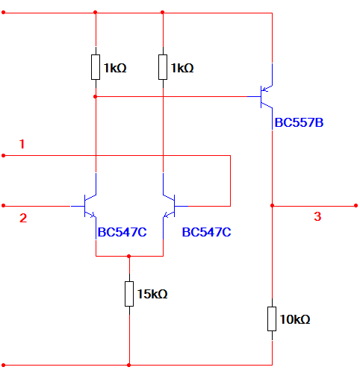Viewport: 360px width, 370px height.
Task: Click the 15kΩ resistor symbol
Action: (129, 294)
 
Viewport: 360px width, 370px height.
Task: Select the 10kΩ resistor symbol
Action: (272, 319)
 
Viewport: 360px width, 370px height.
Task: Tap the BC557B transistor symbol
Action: (264, 96)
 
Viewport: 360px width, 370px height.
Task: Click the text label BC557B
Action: (299, 122)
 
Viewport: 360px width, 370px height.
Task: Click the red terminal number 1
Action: (22, 144)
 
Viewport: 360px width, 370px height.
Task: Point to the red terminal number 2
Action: (23, 218)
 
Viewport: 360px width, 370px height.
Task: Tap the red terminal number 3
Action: (317, 216)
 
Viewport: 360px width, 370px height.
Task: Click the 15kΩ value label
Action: (152, 294)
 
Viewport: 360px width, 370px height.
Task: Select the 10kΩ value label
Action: (295, 319)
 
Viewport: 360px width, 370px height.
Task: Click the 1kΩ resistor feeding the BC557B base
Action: (96, 67)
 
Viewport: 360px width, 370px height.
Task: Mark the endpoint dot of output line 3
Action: (356, 206)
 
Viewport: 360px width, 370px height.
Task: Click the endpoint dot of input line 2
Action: (4, 206)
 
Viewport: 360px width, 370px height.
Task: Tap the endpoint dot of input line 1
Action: (4, 155)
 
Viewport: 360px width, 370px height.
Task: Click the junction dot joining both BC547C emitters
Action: (128, 256)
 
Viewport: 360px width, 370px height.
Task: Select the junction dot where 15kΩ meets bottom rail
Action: (128, 365)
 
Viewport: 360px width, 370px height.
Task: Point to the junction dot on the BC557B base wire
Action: (95, 96)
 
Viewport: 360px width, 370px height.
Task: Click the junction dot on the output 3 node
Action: (272, 206)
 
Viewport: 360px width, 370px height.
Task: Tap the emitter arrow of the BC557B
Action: (265, 89)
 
